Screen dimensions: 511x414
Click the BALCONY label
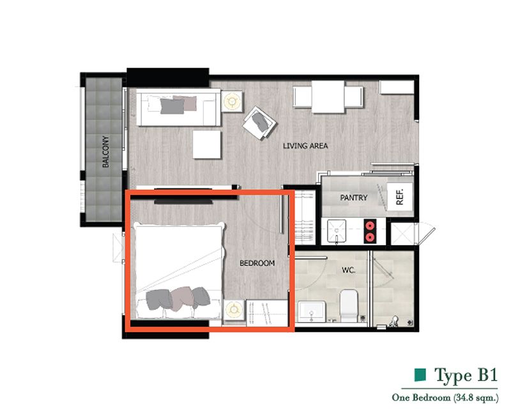click(x=105, y=151)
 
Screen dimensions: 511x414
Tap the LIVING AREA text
click(x=305, y=146)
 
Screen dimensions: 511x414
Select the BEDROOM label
click(x=257, y=263)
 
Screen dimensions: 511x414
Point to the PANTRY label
click(x=354, y=197)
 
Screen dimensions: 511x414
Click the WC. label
click(x=348, y=270)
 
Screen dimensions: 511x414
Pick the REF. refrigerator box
click(x=400, y=197)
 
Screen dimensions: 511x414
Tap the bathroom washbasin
click(x=312, y=312)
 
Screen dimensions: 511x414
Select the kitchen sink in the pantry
click(x=337, y=231)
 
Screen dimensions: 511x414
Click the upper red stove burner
click(x=370, y=226)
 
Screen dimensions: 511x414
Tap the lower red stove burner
click(x=370, y=236)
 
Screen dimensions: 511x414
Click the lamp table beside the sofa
click(x=232, y=102)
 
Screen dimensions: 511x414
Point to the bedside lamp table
click(x=234, y=309)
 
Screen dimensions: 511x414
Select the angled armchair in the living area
click(x=259, y=123)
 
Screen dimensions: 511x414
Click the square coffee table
click(x=207, y=145)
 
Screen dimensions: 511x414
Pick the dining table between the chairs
click(x=328, y=97)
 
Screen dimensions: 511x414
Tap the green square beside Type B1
click(x=420, y=375)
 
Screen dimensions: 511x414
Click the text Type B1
click(x=466, y=375)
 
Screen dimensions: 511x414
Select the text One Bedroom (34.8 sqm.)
click(x=445, y=397)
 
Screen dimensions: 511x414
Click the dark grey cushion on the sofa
click(x=172, y=106)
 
